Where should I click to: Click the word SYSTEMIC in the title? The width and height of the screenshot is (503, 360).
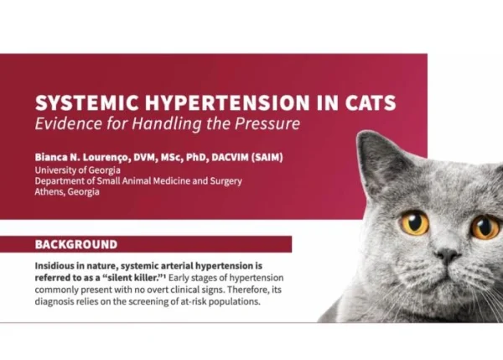(x=87, y=102)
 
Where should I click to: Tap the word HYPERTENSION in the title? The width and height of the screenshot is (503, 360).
(x=227, y=102)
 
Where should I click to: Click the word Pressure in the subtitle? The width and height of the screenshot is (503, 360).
(x=267, y=123)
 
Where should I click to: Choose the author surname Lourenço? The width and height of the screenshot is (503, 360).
(x=106, y=158)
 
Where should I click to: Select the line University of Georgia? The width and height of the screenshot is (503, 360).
(x=78, y=170)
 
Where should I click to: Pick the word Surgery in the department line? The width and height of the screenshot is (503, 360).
(x=226, y=181)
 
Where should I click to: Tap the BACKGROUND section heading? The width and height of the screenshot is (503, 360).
(x=76, y=244)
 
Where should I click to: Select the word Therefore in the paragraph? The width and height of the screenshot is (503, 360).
(x=249, y=290)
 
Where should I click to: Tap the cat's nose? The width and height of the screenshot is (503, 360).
(x=448, y=255)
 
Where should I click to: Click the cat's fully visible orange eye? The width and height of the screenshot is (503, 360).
(x=414, y=223)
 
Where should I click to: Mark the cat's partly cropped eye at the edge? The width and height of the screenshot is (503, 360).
(x=486, y=227)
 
